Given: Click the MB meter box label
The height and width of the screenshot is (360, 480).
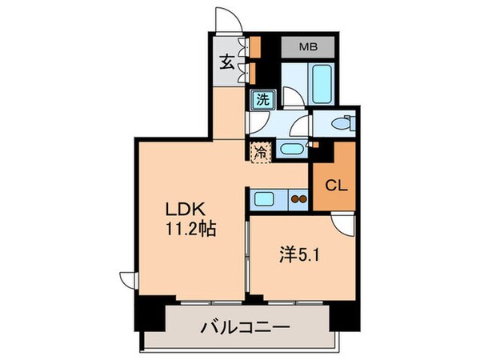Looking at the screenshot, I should click(308, 47).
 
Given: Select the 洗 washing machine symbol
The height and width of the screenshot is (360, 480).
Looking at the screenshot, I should click(262, 100).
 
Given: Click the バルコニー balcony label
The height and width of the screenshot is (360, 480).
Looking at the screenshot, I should click(245, 328).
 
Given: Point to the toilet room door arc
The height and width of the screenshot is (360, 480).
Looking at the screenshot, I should click(299, 128).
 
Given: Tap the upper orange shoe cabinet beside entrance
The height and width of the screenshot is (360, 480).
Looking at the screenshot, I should click(255, 46).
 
